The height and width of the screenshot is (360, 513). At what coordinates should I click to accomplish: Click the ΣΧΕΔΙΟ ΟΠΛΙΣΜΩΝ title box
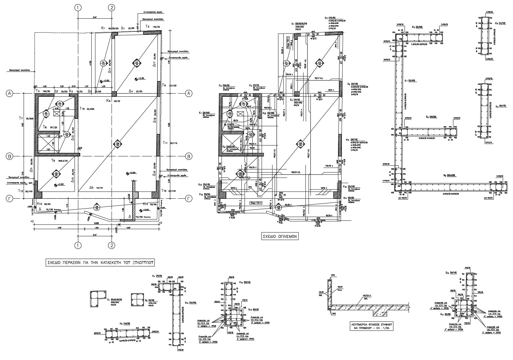tap(279, 236)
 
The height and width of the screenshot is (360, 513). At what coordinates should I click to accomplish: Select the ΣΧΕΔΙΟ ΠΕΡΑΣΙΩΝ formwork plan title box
tap(100, 262)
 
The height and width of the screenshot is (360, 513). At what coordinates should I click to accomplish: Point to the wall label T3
tap(38, 91)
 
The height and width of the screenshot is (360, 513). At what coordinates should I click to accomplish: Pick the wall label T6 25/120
tap(168, 85)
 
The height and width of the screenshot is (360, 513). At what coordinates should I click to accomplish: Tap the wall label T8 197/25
tap(48, 127)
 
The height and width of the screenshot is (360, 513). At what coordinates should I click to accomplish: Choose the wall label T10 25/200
tap(87, 108)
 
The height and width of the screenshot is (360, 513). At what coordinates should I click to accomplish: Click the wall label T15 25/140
tap(168, 190)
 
